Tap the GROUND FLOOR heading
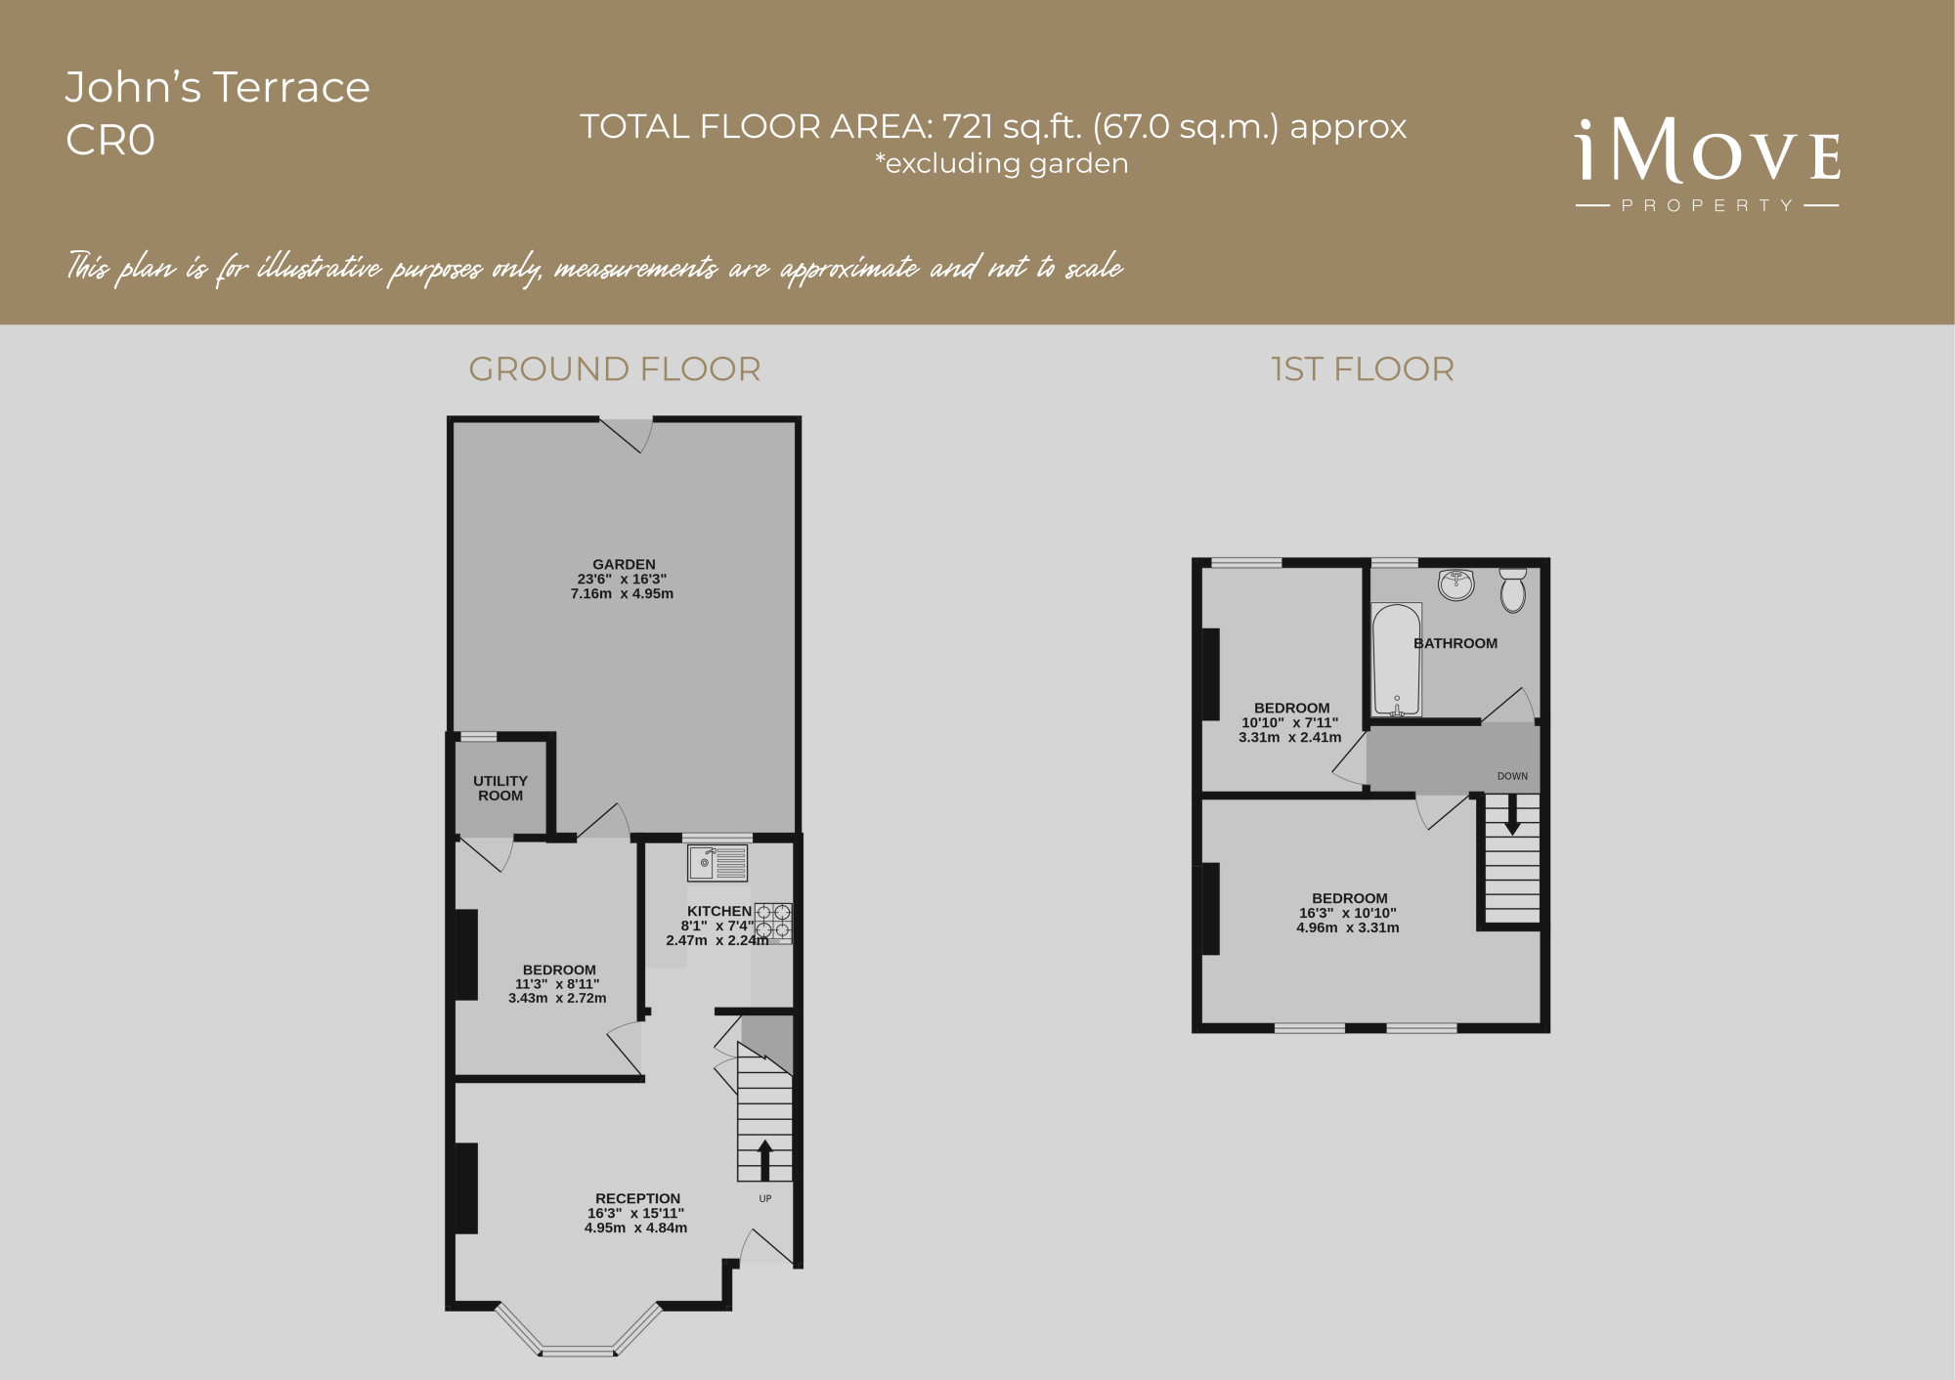[615, 369]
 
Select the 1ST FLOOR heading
[1363, 369]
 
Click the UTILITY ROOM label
[500, 788]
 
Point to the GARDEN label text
[624, 564]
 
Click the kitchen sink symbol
[717, 863]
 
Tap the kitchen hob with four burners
[772, 923]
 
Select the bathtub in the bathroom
[1397, 660]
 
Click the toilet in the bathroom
[1513, 590]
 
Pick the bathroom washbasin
[1456, 584]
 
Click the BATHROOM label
[1455, 643]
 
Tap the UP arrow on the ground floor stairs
[764, 1160]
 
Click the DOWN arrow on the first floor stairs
[1512, 814]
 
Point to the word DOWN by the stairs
[1512, 776]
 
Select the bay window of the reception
[579, 1331]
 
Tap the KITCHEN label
[719, 911]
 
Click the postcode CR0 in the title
[110, 141]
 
